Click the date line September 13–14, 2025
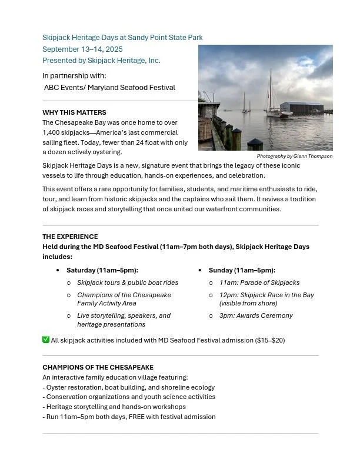pos(82,49)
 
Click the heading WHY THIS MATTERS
pos(74,112)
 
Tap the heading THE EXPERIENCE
pos(70,237)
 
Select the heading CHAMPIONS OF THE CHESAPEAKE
pos(98,367)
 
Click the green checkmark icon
pos(46,340)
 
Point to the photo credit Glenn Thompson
pos(294,157)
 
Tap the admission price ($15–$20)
pos(269,340)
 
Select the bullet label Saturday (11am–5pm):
pos(102,270)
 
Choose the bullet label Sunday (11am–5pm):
pos(242,270)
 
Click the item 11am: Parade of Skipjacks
pos(259,282)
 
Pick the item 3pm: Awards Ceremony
pos(255,315)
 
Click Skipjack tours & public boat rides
pos(127,282)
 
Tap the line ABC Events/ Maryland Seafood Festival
pos(109,88)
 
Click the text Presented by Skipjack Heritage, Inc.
pos(101,61)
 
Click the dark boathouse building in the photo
pos(301,108)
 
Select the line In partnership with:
pos(74,76)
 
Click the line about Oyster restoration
pos(128,387)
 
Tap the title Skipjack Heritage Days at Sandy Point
pos(122,38)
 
